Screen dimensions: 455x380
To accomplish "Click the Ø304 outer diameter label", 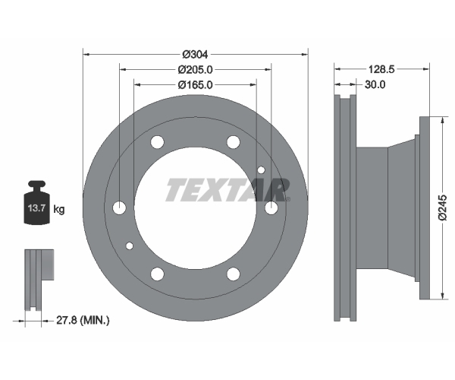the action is click(x=195, y=54).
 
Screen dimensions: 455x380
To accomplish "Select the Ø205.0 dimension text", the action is click(x=195, y=69).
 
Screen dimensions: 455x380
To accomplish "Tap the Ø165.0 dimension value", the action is click(x=195, y=85).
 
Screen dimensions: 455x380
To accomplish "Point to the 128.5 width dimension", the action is click(x=381, y=69).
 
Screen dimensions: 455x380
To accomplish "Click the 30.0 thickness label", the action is click(x=375, y=84).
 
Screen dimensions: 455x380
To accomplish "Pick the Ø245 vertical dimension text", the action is click(x=443, y=208).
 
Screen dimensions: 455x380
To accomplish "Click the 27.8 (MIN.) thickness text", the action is click(x=83, y=321).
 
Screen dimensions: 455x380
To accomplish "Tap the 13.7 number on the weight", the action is click(x=36, y=208).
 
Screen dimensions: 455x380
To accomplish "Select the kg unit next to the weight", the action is click(x=59, y=209).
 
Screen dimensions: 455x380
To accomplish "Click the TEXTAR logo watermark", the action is click(x=227, y=190).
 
